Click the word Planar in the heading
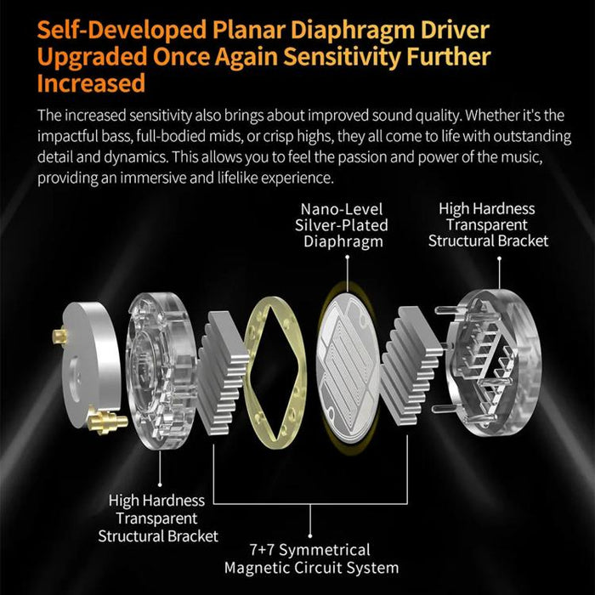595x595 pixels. [x=248, y=30]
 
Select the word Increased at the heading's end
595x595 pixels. [x=91, y=83]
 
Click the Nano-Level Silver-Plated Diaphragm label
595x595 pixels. [x=341, y=225]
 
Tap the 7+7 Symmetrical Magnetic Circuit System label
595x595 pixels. [x=311, y=558]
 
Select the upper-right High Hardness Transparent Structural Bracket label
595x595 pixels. [x=488, y=224]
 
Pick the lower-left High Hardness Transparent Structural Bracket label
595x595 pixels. [x=158, y=518]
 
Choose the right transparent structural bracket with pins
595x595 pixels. [x=493, y=364]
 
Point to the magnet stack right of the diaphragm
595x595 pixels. [x=412, y=366]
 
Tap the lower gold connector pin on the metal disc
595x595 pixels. [x=107, y=422]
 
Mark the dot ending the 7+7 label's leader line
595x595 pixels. [x=310, y=535]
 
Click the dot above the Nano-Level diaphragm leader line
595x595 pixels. [x=347, y=257]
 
